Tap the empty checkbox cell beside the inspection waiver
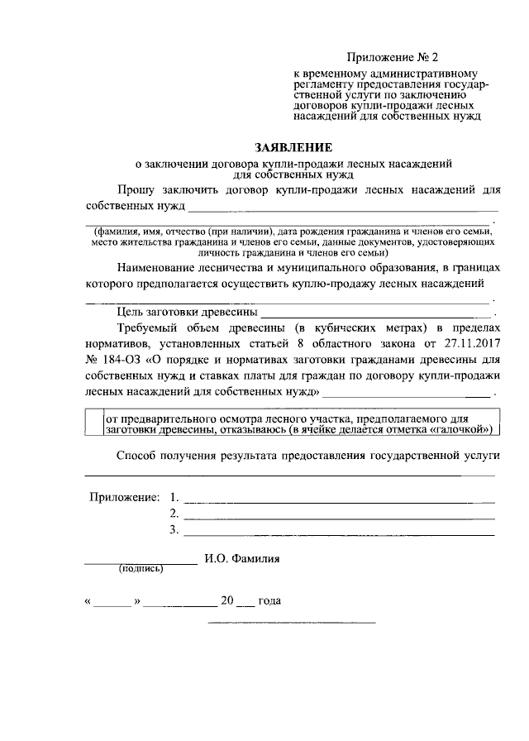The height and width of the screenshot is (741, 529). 93,423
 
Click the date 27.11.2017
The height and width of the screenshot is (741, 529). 470,342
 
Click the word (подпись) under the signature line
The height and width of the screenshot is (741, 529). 141,568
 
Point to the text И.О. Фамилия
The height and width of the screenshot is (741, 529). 242,558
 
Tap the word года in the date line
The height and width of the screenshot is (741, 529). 270,601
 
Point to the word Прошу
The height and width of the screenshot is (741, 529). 136,189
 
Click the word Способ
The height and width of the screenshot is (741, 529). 138,456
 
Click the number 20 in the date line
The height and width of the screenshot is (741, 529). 226,601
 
